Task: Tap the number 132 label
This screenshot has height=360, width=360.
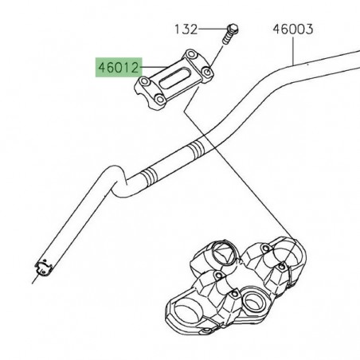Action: pos(186,29)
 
